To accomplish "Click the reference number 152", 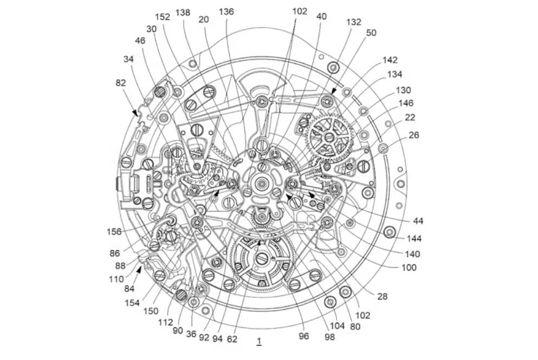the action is (x=163, y=17).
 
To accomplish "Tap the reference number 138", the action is (x=183, y=12).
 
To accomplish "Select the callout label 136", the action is (x=226, y=12).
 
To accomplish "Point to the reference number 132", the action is (x=354, y=22).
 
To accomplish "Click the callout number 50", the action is (x=371, y=32).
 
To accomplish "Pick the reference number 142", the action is (x=390, y=60).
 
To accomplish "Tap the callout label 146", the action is (x=406, y=103).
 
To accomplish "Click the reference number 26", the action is (x=414, y=135).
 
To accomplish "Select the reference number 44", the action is (x=418, y=221).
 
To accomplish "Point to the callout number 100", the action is (x=409, y=267).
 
